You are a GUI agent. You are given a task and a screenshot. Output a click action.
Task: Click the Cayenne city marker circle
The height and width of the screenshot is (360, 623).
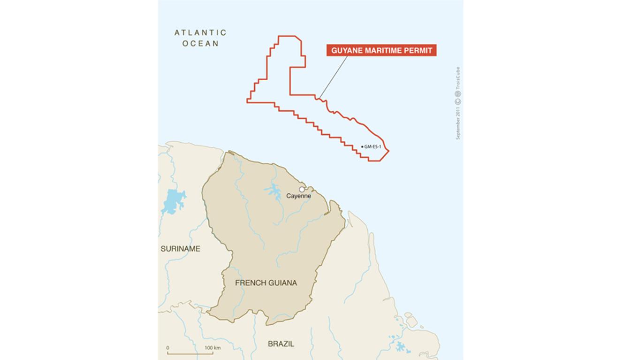[302, 189]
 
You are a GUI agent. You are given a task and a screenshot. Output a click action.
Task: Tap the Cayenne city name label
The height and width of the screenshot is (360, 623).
[299, 196]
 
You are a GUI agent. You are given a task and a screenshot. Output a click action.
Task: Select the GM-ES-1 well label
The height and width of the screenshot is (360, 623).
[373, 147]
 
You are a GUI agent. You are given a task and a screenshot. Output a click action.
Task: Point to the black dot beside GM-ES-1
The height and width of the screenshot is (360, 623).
[362, 147]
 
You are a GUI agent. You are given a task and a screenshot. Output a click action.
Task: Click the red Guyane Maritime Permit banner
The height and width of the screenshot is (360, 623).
[381, 51]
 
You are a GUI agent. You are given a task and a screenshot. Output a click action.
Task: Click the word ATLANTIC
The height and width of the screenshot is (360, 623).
[200, 33]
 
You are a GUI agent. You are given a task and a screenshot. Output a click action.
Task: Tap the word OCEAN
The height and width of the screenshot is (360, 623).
[200, 44]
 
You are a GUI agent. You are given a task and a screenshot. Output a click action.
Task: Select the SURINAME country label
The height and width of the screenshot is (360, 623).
[180, 249]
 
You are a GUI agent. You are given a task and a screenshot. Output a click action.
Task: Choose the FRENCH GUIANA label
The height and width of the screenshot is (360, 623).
[266, 283]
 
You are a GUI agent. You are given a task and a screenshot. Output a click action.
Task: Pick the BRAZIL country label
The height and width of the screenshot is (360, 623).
[281, 344]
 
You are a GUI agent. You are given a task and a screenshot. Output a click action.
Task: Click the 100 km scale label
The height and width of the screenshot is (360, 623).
[213, 348]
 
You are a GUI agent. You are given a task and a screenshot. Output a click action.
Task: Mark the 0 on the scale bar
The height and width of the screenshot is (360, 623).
[168, 348]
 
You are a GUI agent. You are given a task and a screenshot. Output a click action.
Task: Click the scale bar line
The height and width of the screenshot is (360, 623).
[190, 353]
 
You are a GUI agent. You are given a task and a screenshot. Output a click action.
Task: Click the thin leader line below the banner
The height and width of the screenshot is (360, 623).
[333, 77]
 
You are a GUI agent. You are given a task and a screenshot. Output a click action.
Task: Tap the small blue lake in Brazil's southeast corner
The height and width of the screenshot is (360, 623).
[402, 347]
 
